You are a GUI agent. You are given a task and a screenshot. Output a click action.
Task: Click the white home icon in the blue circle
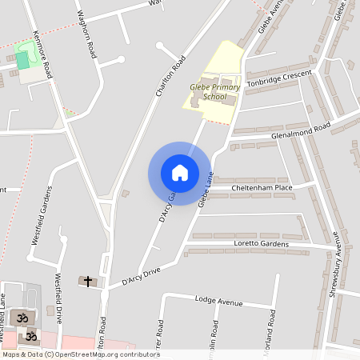click(x=180, y=172)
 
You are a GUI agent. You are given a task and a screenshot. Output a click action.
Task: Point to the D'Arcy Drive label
click(x=141, y=277)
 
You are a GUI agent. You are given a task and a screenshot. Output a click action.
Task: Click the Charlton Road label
click(x=170, y=76)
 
